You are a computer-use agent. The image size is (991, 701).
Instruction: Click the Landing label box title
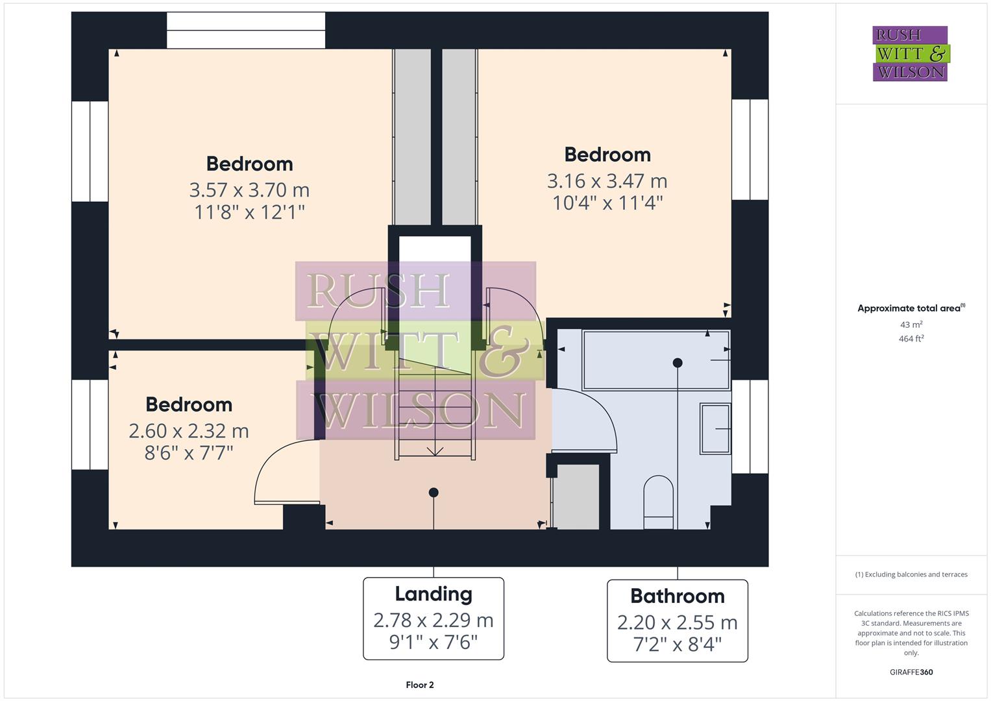pos(434,594)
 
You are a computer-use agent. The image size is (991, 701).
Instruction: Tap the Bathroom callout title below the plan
pos(677,596)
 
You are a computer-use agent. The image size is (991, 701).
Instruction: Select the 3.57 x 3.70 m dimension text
pos(249,190)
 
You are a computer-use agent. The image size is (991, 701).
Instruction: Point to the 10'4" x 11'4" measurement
pos(607,203)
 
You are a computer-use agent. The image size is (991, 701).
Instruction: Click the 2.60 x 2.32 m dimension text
pos(189,430)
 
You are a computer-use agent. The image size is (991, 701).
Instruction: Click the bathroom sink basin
pos(715,428)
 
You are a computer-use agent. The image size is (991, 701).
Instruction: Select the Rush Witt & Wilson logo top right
pos(910,54)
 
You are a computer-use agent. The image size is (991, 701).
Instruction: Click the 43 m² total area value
pos(911,325)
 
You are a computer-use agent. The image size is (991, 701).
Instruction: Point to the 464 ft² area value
pos(911,338)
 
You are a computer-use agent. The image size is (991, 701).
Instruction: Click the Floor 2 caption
pos(420,685)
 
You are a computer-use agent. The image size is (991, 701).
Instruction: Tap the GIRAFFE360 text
pos(911,672)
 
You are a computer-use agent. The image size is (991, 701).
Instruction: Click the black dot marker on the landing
pos(434,493)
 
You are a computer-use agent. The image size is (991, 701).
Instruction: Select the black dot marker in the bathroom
pos(678,363)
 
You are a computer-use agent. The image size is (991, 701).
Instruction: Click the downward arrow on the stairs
pos(435,450)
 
